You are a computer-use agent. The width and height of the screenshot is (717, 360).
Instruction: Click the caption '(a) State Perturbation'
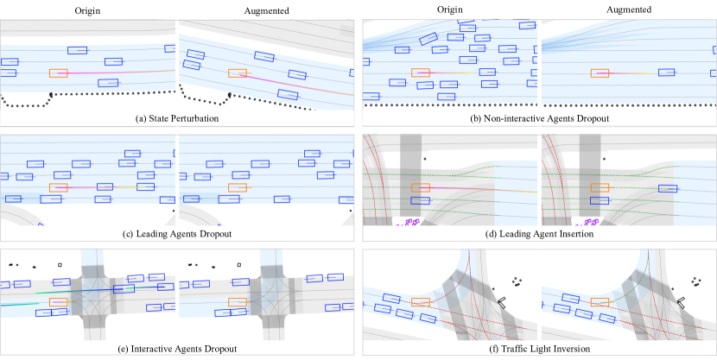coord(177,117)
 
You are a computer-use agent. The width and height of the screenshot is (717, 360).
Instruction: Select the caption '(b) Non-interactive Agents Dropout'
coord(539,117)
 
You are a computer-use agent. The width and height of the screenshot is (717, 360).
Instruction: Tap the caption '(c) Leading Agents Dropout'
coord(177,234)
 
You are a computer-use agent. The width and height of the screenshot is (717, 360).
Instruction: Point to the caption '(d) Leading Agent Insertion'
coord(539,234)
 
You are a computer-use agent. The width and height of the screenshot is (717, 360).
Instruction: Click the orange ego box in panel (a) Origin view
coord(59,73)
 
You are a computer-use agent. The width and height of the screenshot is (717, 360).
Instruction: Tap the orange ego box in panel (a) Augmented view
coord(238,74)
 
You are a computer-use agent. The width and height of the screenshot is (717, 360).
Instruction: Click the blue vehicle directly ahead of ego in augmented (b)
coord(666,73)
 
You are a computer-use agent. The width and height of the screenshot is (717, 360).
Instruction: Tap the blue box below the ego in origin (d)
coord(421,201)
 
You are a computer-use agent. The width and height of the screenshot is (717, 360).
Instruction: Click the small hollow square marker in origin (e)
coord(60,265)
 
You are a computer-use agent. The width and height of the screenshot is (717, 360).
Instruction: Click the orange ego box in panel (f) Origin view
coord(422,302)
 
